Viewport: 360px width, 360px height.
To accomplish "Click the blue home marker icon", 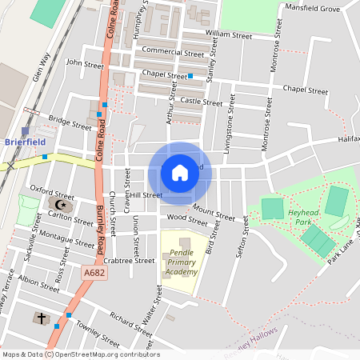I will [180, 173].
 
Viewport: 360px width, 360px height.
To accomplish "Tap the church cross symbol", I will [40, 318].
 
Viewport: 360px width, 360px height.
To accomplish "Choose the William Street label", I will [228, 36].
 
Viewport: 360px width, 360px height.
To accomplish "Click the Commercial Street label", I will [170, 50].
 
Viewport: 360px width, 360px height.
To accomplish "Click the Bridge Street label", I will [70, 122].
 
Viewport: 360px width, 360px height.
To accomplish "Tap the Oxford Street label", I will [52, 191].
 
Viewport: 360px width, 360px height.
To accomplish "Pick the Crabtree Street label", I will [129, 260].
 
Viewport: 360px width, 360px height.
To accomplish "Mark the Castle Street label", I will [201, 102].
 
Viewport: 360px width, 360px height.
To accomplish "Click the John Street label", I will [85, 62].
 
